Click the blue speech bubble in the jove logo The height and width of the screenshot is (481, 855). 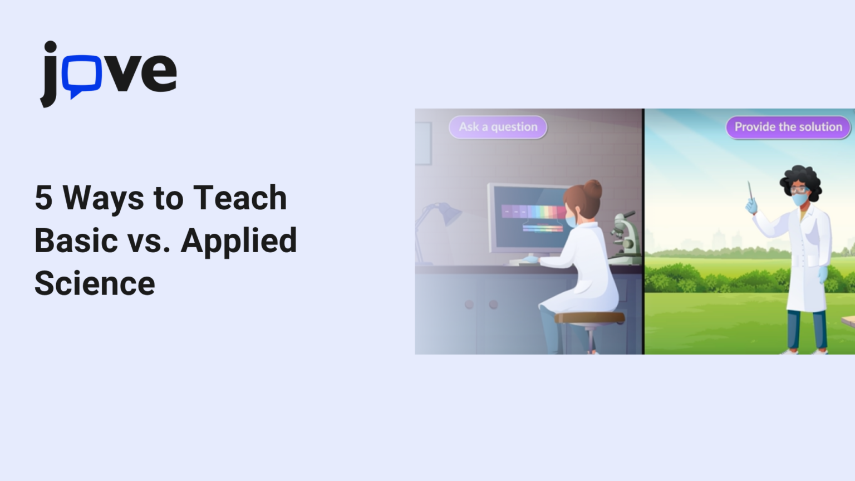[x=81, y=75]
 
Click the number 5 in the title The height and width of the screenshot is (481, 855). [x=43, y=198]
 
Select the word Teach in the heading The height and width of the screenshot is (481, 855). [x=240, y=198]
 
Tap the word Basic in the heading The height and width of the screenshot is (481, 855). [x=76, y=240]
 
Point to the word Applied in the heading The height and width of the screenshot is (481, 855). [x=239, y=242]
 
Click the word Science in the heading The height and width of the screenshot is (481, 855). [x=95, y=283]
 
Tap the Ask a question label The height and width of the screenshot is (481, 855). [x=498, y=127]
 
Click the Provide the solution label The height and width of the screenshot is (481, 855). [x=788, y=127]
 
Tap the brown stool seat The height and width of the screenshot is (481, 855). [x=589, y=318]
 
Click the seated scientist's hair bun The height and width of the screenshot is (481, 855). [x=593, y=189]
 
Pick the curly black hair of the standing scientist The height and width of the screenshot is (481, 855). [x=801, y=178]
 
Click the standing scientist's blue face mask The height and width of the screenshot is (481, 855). [x=800, y=199]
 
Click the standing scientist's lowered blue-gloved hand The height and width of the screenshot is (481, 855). [x=823, y=274]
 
